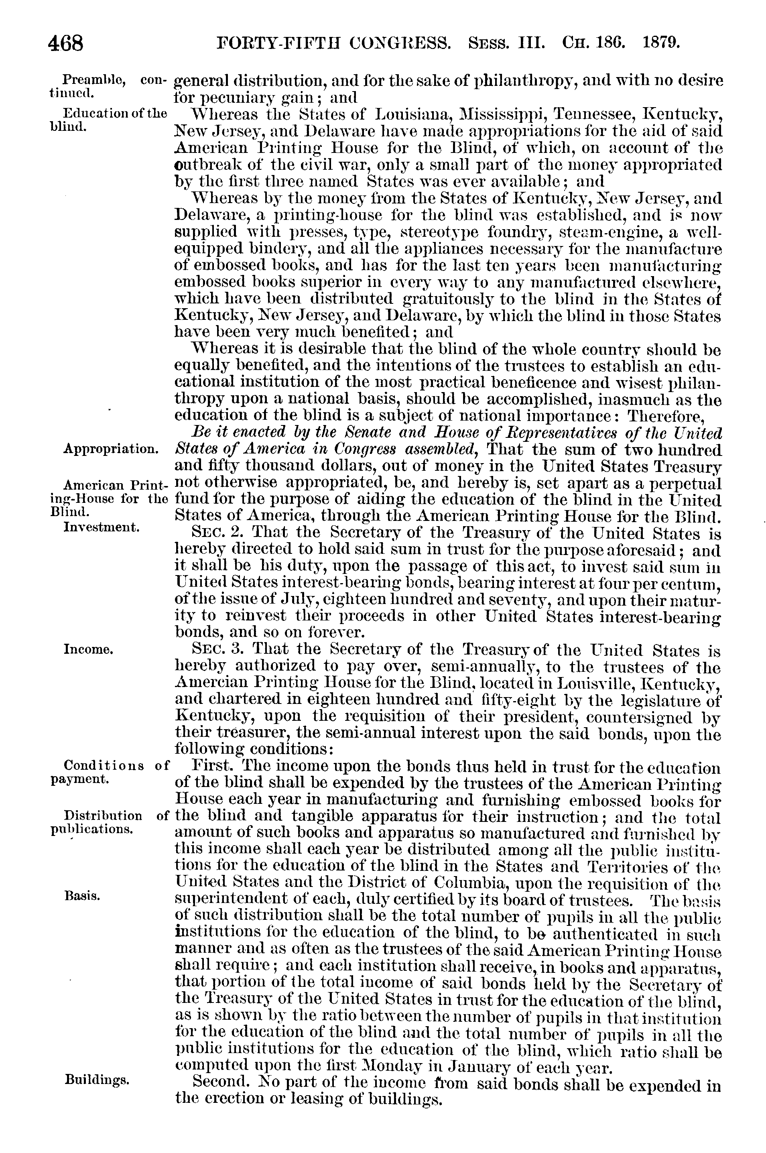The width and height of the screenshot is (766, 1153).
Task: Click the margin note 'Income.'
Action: click(89, 649)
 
